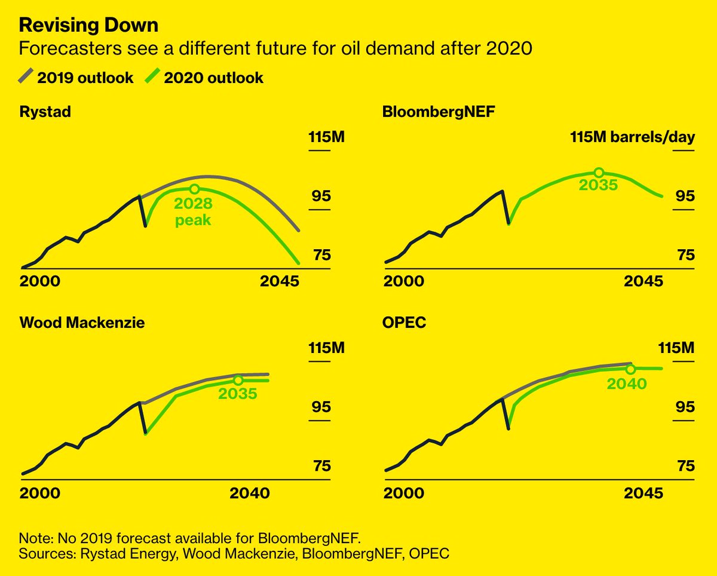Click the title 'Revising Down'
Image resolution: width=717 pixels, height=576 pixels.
click(88, 26)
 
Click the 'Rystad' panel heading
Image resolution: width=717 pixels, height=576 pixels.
click(45, 112)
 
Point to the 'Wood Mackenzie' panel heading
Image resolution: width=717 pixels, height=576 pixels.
click(82, 323)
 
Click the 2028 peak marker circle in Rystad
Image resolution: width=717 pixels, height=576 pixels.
click(194, 189)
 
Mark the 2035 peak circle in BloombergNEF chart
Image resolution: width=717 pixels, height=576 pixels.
click(599, 172)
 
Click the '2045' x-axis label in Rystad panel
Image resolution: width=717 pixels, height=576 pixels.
click(279, 281)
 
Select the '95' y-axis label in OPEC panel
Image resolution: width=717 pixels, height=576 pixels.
click(685, 407)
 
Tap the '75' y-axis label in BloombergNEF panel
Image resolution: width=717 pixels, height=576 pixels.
click(685, 255)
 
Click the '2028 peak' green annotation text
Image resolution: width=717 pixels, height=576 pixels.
click(193, 212)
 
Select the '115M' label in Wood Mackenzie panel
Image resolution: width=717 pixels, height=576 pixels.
click(326, 348)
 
